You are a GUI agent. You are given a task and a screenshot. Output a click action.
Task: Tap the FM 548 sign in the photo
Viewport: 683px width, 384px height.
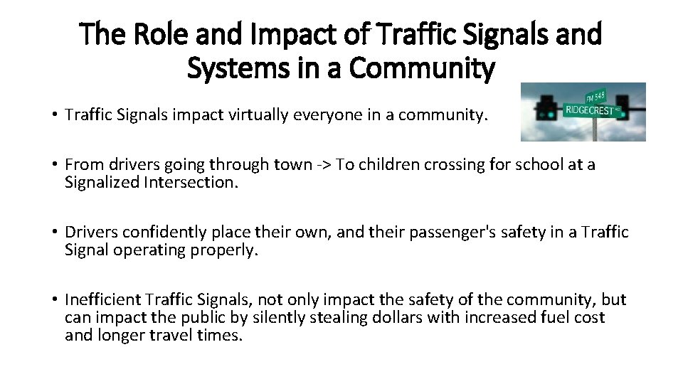595,97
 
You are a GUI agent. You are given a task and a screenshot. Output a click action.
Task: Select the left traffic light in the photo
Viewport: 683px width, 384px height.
547,107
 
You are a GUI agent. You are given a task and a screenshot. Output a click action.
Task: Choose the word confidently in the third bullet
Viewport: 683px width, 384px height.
158,233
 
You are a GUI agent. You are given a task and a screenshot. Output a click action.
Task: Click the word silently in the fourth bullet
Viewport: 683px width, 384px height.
283,317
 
